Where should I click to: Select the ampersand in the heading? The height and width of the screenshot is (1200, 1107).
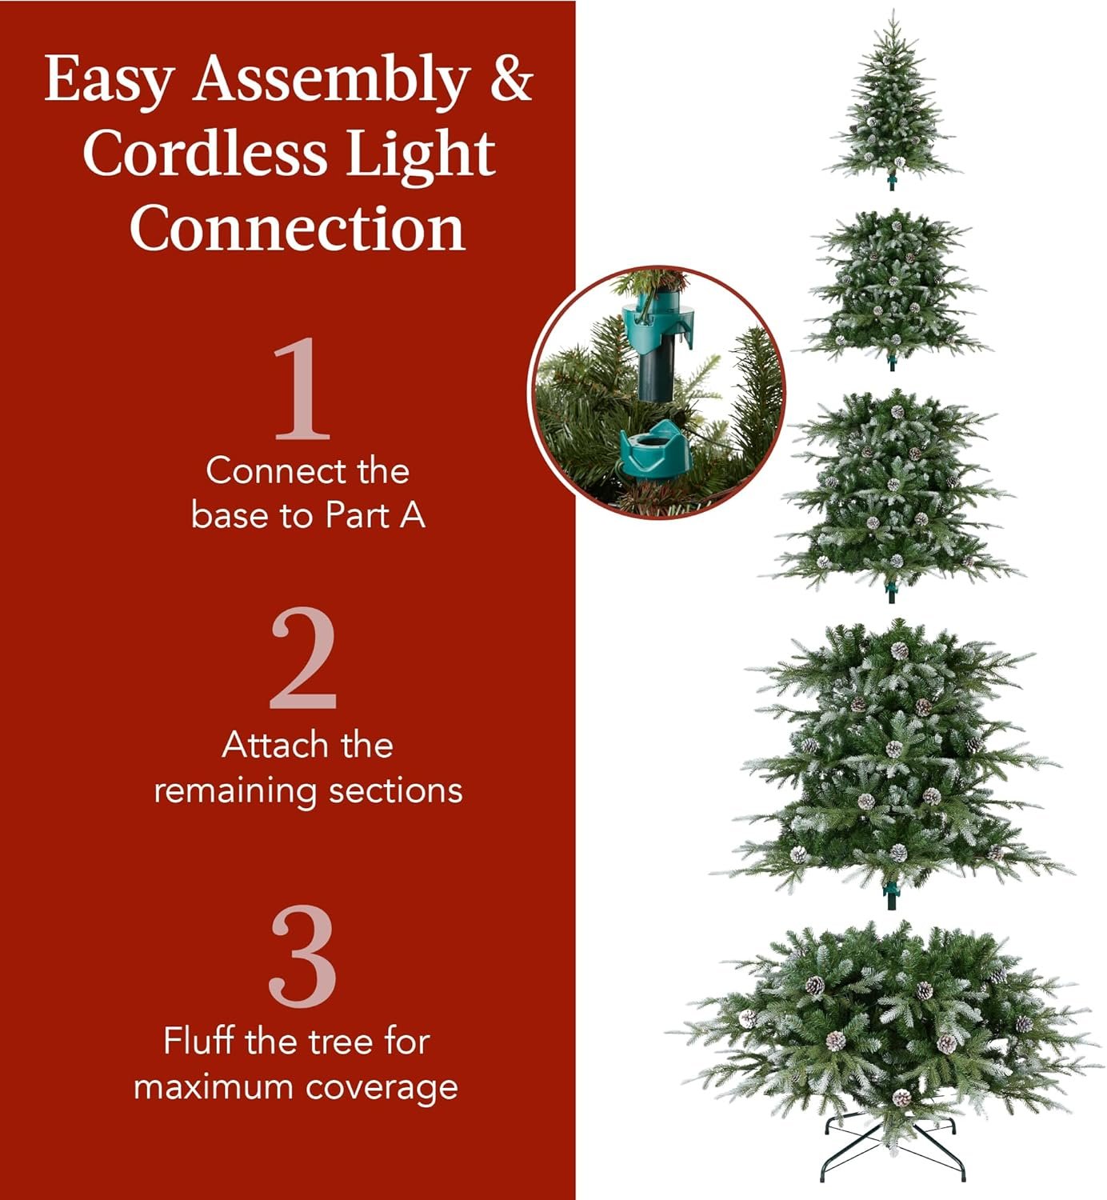[x=510, y=78]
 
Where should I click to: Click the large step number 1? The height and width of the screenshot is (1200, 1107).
[x=302, y=389]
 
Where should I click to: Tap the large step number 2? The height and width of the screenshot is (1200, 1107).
[x=302, y=659]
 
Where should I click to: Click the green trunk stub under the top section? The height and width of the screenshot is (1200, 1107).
[x=892, y=182]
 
